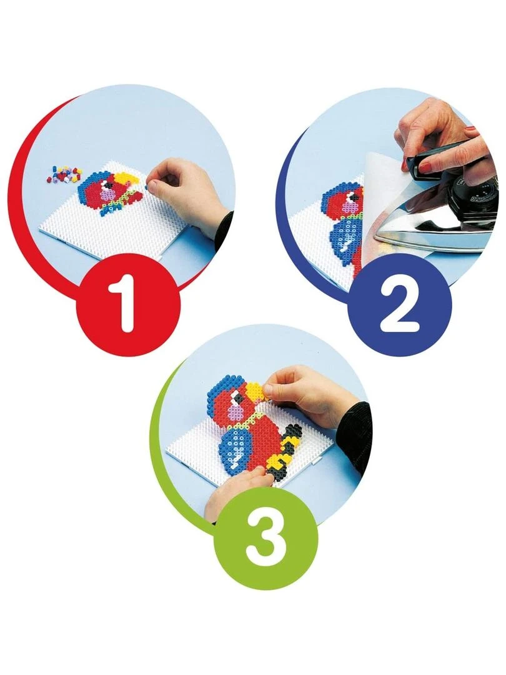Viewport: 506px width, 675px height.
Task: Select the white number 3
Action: (x=265, y=536)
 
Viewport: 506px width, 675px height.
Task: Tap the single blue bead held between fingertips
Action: (x=147, y=187)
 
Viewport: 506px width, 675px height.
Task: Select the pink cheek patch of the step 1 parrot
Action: (x=106, y=195)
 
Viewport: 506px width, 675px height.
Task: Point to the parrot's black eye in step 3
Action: (x=235, y=395)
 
